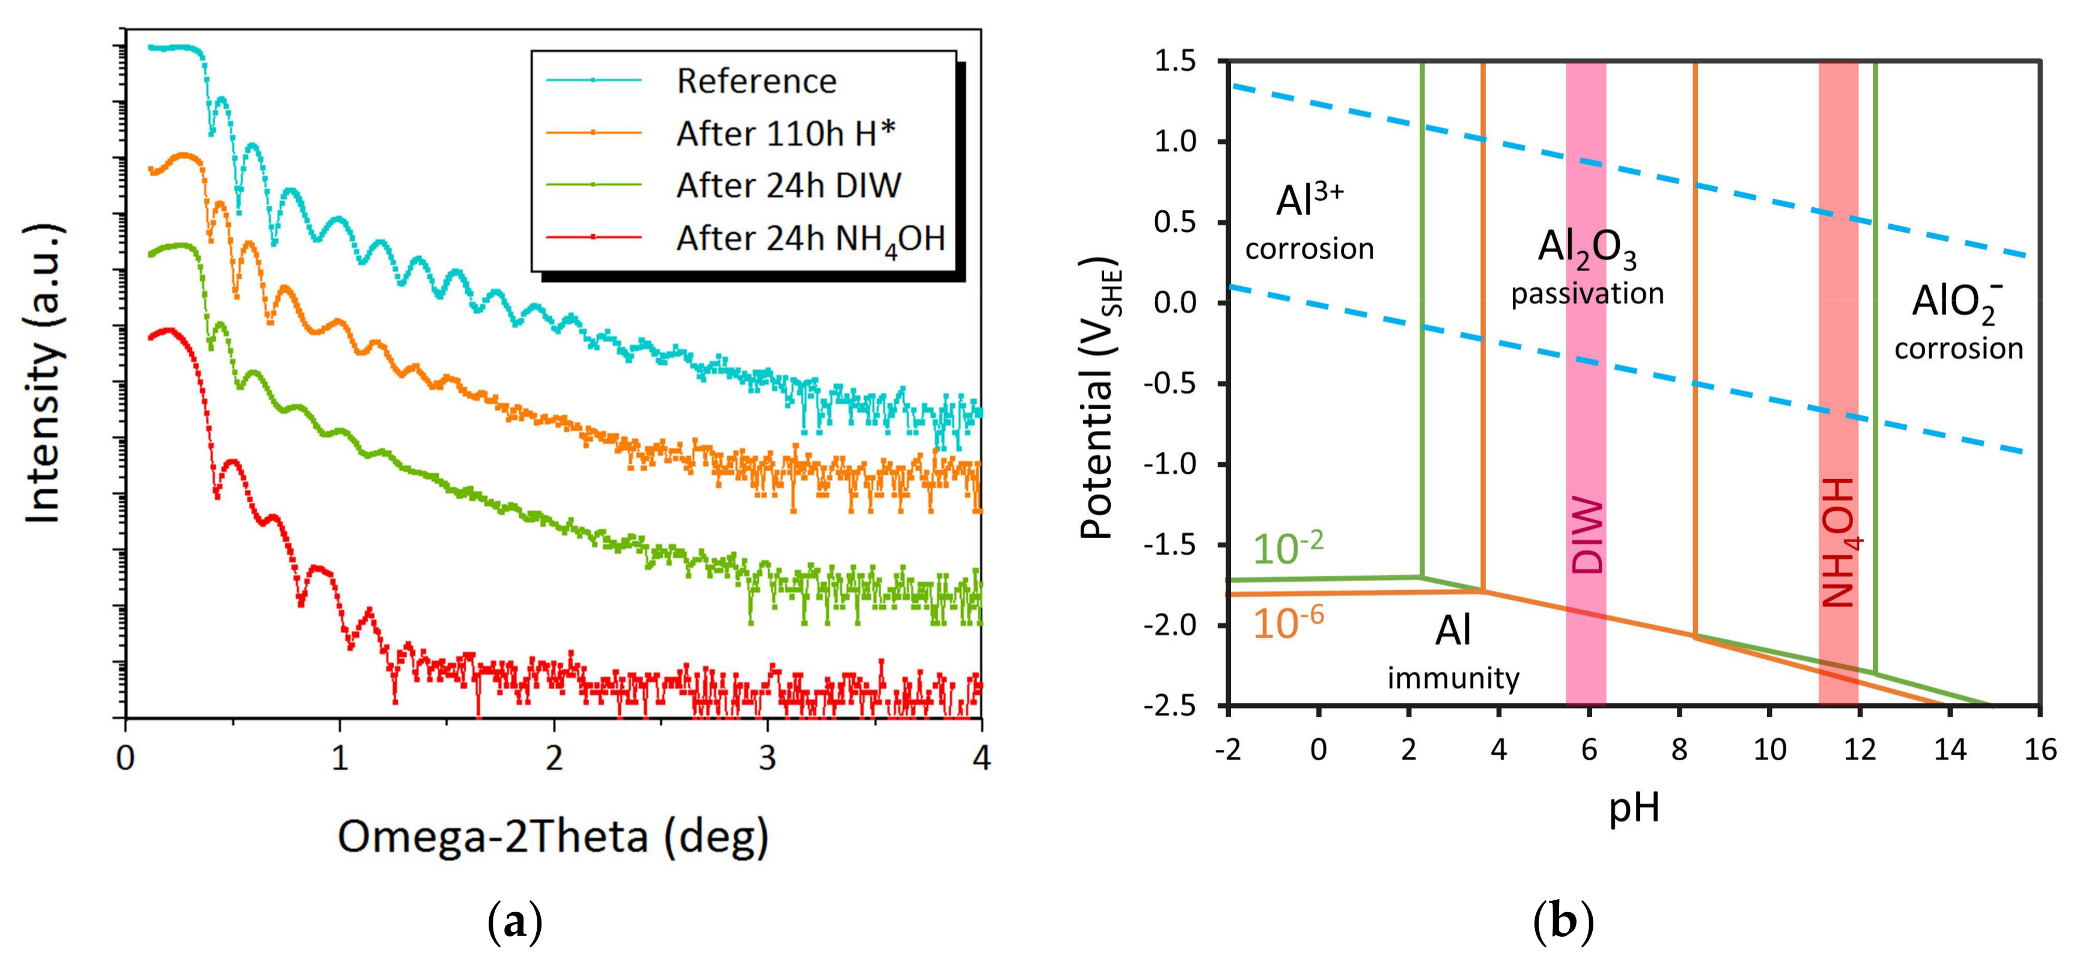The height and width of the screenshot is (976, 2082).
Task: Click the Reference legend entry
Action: [x=756, y=82]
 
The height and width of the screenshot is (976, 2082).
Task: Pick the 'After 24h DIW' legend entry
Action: [x=788, y=186]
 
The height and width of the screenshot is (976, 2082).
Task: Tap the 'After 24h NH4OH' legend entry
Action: [x=810, y=239]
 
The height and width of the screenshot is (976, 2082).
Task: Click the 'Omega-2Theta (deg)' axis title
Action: [x=553, y=837]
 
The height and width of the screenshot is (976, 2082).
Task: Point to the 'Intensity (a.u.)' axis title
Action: [x=44, y=373]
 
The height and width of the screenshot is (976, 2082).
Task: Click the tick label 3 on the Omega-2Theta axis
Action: [x=767, y=758]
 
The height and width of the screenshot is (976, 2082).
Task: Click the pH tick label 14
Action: [x=1949, y=750]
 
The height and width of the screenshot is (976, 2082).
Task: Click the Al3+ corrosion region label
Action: [x=1309, y=222]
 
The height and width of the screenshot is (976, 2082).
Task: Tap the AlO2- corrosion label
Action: [x=1958, y=322]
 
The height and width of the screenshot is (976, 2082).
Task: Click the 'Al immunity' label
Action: [x=1453, y=653]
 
